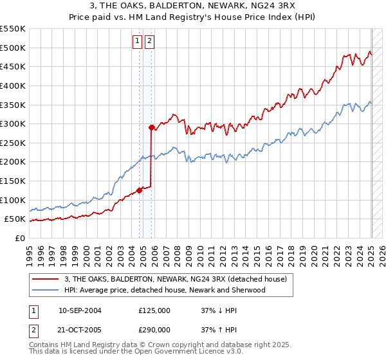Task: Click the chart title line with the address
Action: (x=193, y=7)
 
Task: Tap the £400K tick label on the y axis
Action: (x=13, y=85)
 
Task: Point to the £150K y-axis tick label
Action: (x=13, y=181)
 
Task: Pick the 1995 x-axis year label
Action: (x=29, y=253)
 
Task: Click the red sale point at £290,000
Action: (x=151, y=127)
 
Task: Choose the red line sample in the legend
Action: (x=46, y=279)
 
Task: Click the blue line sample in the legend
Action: (x=46, y=290)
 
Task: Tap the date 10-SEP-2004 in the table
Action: (x=80, y=310)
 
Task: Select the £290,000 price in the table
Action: (x=154, y=329)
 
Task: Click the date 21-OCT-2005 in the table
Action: (x=80, y=329)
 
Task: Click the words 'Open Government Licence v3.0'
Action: (x=194, y=352)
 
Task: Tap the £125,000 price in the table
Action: (x=154, y=310)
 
